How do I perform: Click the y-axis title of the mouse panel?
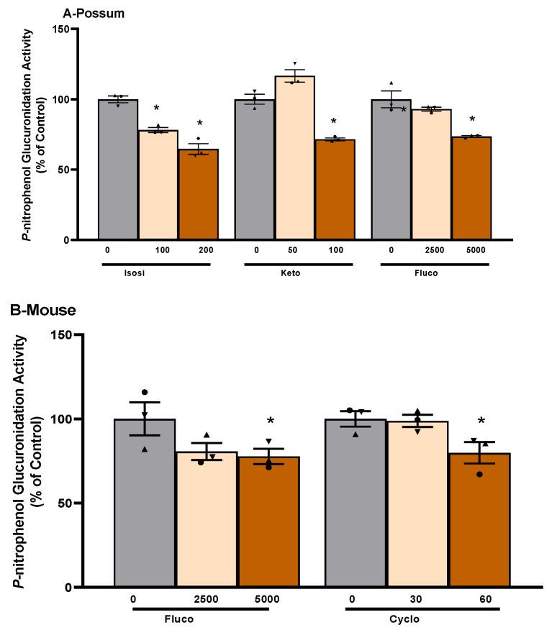click(27, 464)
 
